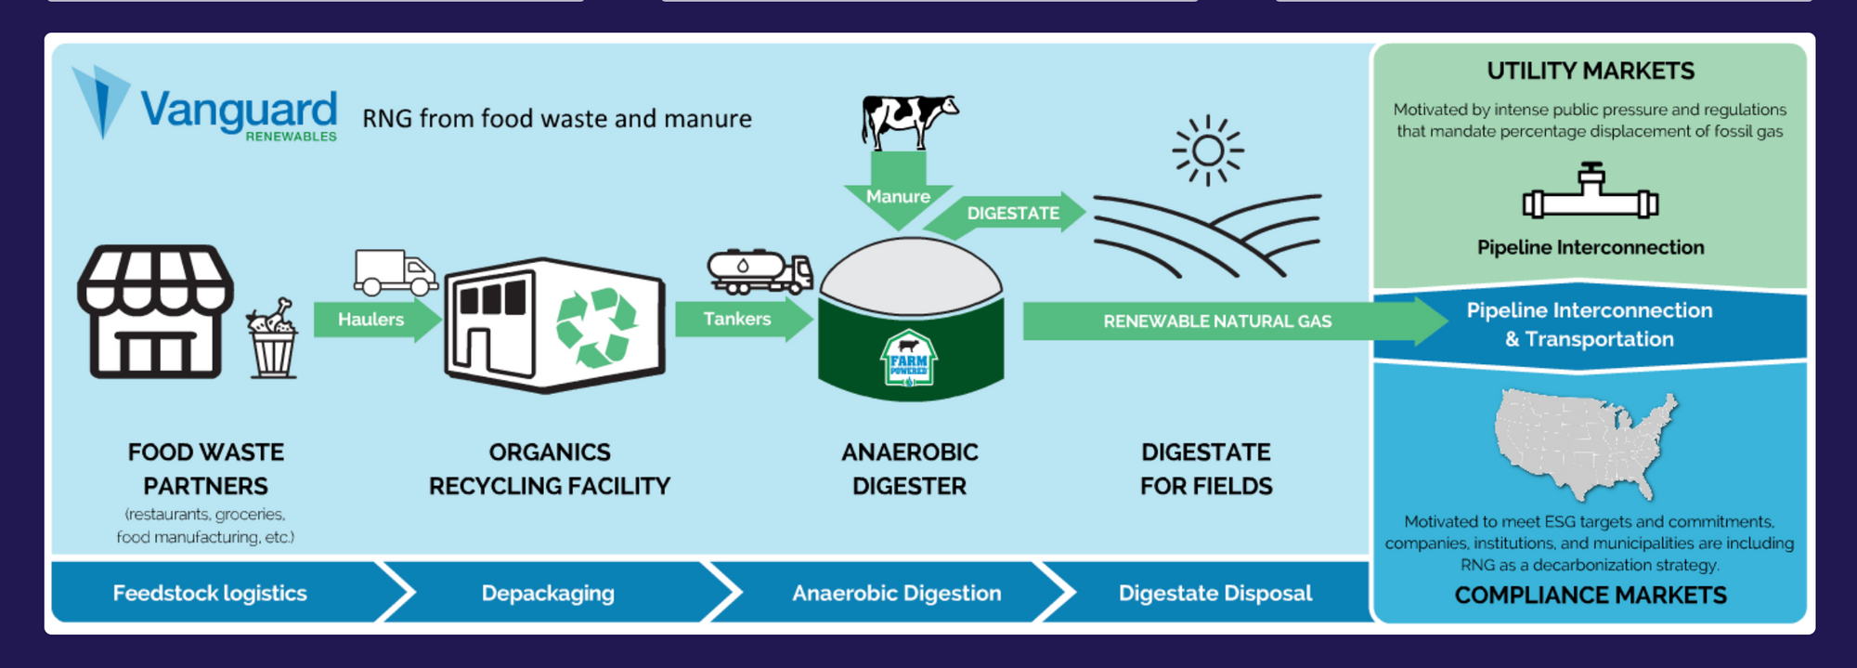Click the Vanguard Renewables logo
(x=205, y=104)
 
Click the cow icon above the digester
(x=909, y=121)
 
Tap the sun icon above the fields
(x=1207, y=151)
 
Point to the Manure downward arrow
(x=898, y=190)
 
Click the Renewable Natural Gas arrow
(x=1236, y=321)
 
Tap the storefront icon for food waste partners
(x=155, y=311)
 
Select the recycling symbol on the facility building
(x=596, y=327)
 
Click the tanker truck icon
(x=760, y=271)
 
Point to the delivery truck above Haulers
(x=396, y=272)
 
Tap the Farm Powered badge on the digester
(x=909, y=359)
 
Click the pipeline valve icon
(x=1591, y=191)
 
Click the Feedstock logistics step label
(x=210, y=593)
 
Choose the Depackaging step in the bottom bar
(x=548, y=593)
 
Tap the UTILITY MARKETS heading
(x=1591, y=71)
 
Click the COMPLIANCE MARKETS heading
(x=1591, y=596)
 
